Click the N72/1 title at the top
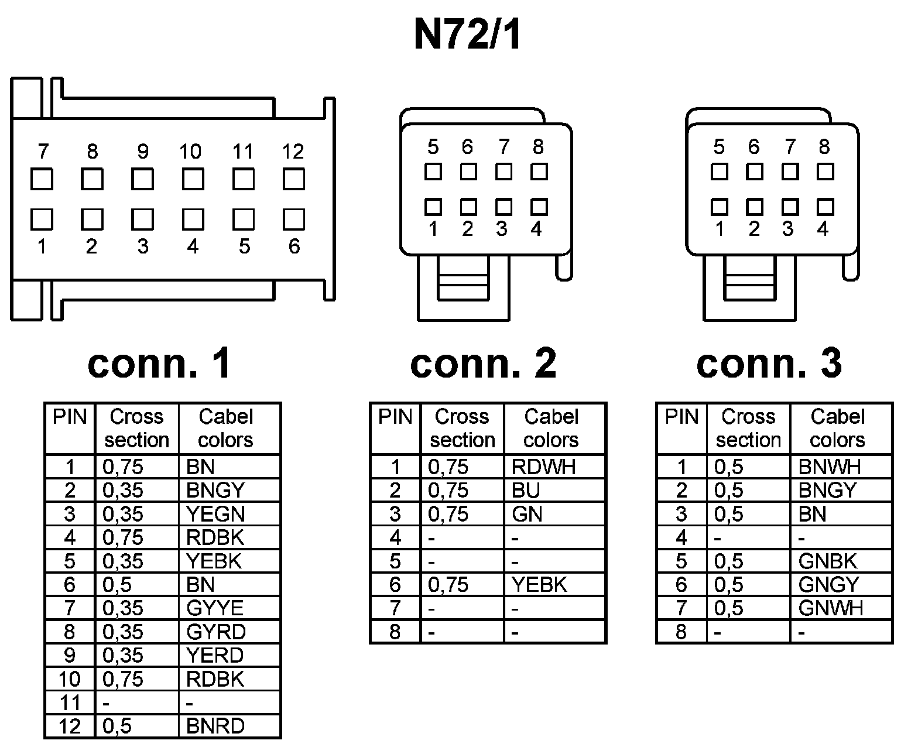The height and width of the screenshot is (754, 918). [x=467, y=36]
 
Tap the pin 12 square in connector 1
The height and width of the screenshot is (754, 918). [x=293, y=179]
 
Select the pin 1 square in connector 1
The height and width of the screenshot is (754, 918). [x=42, y=220]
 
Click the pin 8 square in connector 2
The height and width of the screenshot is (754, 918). [x=539, y=172]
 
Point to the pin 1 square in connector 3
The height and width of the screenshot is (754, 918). [x=719, y=207]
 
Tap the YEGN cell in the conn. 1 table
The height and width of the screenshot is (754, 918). [x=215, y=514]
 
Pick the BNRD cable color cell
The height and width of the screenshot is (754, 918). [x=215, y=726]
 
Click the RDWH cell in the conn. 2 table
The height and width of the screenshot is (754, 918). [x=544, y=467]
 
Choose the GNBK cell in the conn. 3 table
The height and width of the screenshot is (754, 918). [x=828, y=561]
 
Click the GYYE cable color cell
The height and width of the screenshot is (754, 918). [x=215, y=608]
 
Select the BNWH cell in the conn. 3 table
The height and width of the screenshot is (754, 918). [x=830, y=467]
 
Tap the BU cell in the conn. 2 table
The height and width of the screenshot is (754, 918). [x=526, y=491]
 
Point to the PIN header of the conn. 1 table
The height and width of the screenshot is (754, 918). [x=70, y=417]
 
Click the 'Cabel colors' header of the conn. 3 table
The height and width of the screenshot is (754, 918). [x=838, y=428]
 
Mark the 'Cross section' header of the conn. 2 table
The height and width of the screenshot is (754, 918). [x=462, y=428]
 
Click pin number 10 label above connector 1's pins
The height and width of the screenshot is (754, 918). [x=190, y=152]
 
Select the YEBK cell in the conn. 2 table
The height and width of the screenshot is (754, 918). [x=539, y=585]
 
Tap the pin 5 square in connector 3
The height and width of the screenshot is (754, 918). [x=719, y=172]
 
